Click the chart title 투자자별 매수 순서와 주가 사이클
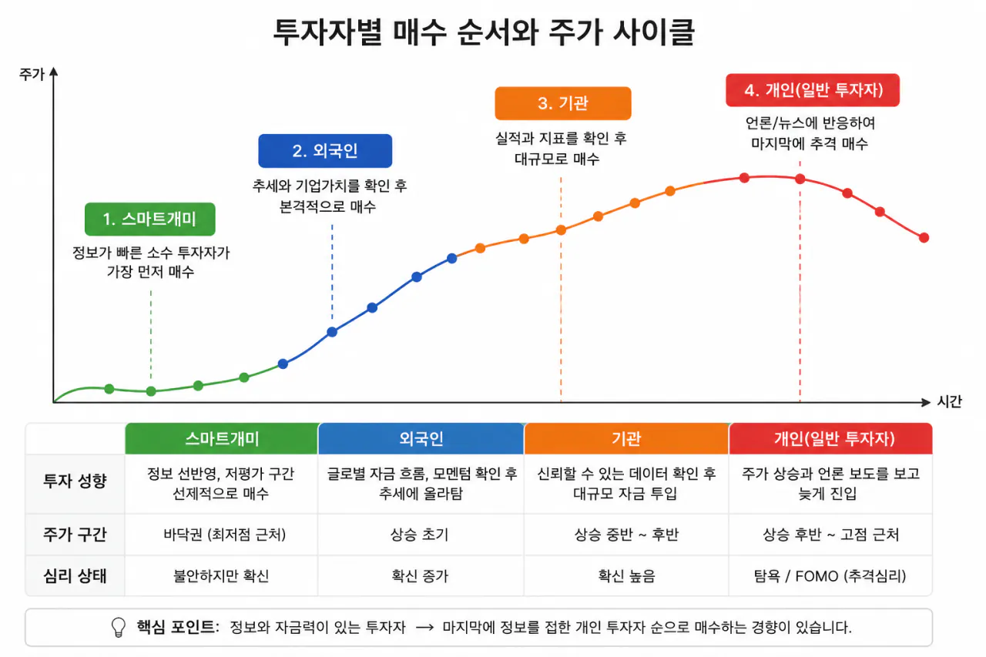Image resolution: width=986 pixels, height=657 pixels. (484, 32)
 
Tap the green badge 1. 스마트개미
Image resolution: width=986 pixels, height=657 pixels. (150, 220)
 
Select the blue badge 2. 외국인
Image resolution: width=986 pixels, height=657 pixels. (325, 151)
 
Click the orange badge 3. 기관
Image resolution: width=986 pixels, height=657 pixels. (563, 103)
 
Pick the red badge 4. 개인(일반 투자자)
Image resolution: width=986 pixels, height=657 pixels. (813, 90)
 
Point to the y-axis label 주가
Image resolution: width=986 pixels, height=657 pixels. (32, 75)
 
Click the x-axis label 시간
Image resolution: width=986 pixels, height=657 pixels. (950, 401)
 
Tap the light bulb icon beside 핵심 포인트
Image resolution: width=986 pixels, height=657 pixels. (119, 627)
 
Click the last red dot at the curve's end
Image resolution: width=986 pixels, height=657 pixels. (924, 238)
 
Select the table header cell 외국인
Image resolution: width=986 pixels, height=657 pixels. (421, 439)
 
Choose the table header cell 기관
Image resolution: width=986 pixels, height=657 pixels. (626, 439)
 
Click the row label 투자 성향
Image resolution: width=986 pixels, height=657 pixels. (75, 481)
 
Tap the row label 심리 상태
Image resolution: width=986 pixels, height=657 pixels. (75, 575)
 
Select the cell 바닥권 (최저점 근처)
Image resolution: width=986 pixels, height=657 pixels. (224, 535)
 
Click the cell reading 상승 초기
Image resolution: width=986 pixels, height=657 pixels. (420, 535)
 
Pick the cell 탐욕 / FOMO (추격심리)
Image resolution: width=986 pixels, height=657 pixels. (830, 575)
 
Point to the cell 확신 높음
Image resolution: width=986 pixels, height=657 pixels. (626, 575)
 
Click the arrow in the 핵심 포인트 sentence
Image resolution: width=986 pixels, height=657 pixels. (424, 628)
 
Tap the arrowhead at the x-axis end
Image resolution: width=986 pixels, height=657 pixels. (926, 402)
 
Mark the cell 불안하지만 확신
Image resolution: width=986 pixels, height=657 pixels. (221, 575)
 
